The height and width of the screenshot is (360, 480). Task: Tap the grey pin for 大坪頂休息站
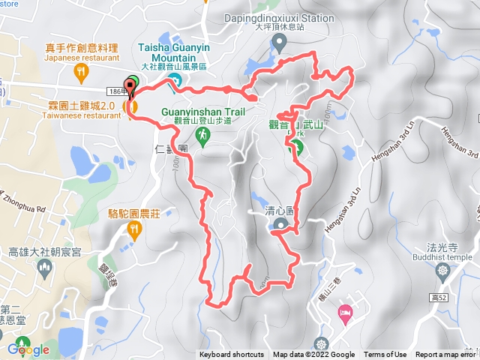coord(279,43)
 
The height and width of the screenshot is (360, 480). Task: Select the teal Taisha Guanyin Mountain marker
coord(174,81)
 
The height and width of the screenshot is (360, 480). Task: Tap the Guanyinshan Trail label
coord(203,112)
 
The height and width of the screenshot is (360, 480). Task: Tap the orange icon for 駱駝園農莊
coord(134,230)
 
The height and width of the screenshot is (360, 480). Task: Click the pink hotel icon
coord(344,310)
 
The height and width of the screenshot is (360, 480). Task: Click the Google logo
coord(28,349)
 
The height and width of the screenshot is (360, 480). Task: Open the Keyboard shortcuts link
coord(232,355)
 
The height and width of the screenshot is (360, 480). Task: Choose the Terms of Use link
coord(385,355)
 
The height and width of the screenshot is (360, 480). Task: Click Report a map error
coord(447,355)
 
